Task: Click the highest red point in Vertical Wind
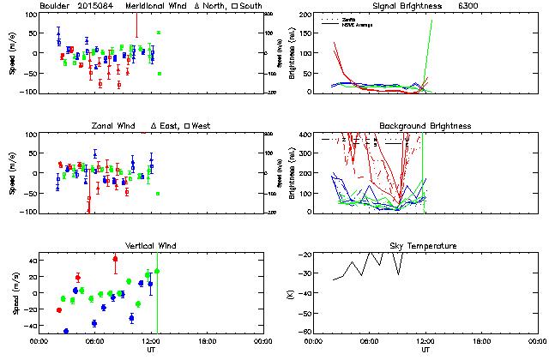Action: tap(115, 259)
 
